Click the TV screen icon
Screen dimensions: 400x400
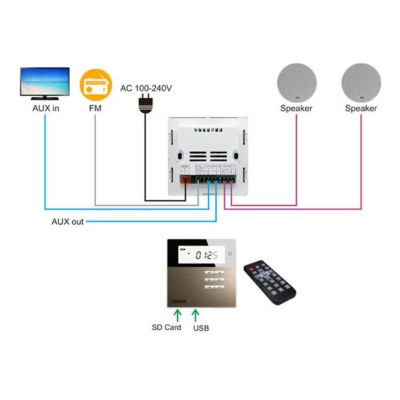tap(45, 82)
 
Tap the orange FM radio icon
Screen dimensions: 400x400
tap(93, 85)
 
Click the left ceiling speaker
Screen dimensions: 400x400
tap(296, 82)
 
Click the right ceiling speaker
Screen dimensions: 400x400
tap(361, 82)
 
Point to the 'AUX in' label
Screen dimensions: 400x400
tap(46, 107)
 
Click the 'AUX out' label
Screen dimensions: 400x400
tap(68, 221)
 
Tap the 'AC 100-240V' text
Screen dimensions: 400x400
tap(146, 87)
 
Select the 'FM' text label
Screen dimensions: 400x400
tap(93, 107)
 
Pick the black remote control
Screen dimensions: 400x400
tap(269, 279)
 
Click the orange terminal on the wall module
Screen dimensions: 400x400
tap(185, 178)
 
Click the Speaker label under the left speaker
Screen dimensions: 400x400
tap(296, 107)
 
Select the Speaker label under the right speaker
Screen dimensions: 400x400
tap(361, 107)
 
